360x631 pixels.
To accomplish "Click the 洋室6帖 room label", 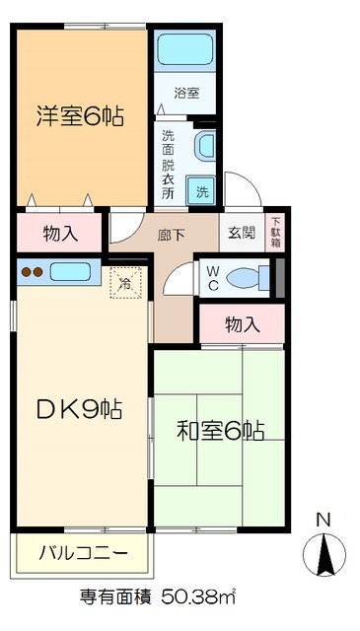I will pyautogui.click(x=81, y=116).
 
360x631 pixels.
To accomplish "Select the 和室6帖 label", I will pyautogui.click(x=220, y=430).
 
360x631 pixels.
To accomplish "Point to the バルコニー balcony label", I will pyautogui.click(x=83, y=553).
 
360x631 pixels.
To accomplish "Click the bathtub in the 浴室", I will pyautogui.click(x=185, y=50).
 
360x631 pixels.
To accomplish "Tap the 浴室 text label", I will pyautogui.click(x=187, y=94).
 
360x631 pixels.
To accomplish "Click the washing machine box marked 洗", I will pyautogui.click(x=202, y=191).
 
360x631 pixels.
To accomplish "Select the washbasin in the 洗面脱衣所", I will pyautogui.click(x=205, y=146).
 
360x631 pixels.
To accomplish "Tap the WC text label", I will pyautogui.click(x=213, y=278).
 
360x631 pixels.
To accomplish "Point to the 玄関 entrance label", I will pyautogui.click(x=242, y=234).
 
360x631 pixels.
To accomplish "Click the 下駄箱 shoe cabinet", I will pyautogui.click(x=275, y=233).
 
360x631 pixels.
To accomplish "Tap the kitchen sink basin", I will pyautogui.click(x=70, y=272).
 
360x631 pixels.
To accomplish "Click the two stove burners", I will pyautogui.click(x=32, y=272).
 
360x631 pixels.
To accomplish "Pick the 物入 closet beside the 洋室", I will pyautogui.click(x=60, y=234).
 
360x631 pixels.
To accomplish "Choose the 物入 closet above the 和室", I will pyautogui.click(x=242, y=324).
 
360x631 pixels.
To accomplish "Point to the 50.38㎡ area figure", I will pyautogui.click(x=193, y=597).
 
